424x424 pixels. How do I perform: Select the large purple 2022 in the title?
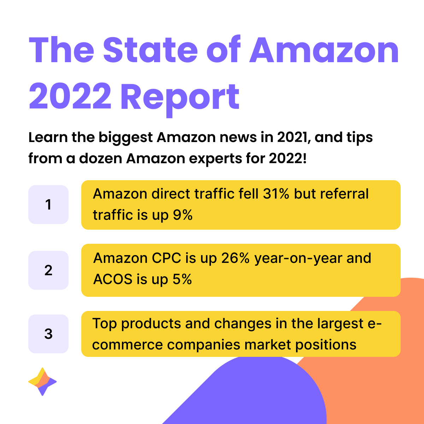tap(70, 96)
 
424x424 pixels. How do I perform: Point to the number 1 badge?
tap(48, 205)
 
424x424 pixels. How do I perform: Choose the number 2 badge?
tap(48, 270)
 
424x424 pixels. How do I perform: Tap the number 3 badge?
tap(48, 334)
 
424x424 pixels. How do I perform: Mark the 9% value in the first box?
tap(182, 215)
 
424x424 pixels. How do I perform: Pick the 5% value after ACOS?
tap(182, 279)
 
